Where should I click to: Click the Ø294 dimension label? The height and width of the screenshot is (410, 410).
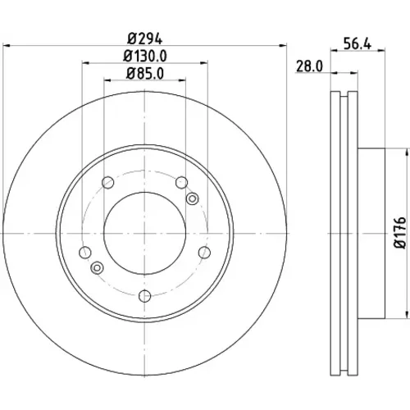145,39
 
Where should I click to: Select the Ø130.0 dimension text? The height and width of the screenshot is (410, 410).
145,57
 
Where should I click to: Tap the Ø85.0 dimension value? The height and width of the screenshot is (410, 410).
145,74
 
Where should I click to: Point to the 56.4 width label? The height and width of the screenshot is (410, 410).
358,43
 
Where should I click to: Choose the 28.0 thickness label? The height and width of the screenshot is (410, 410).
310,66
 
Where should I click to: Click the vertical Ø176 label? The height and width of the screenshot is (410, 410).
400,233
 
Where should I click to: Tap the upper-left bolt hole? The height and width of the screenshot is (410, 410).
107,183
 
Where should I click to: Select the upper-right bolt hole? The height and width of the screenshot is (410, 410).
182,183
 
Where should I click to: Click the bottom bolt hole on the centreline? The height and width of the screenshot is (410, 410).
145,296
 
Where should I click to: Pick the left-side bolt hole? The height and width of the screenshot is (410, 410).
85,253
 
